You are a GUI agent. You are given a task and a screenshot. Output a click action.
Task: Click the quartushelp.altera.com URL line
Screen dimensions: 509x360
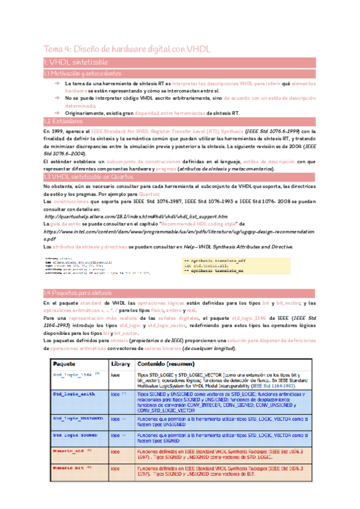point(136,216)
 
